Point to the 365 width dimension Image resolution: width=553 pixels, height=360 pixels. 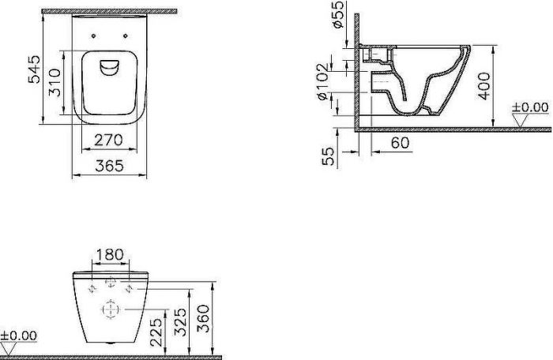click(110, 167)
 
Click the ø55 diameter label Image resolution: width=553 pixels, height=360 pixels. click(338, 16)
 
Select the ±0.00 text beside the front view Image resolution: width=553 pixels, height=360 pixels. click(20, 336)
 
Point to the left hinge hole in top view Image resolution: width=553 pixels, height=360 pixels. click(94, 35)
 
